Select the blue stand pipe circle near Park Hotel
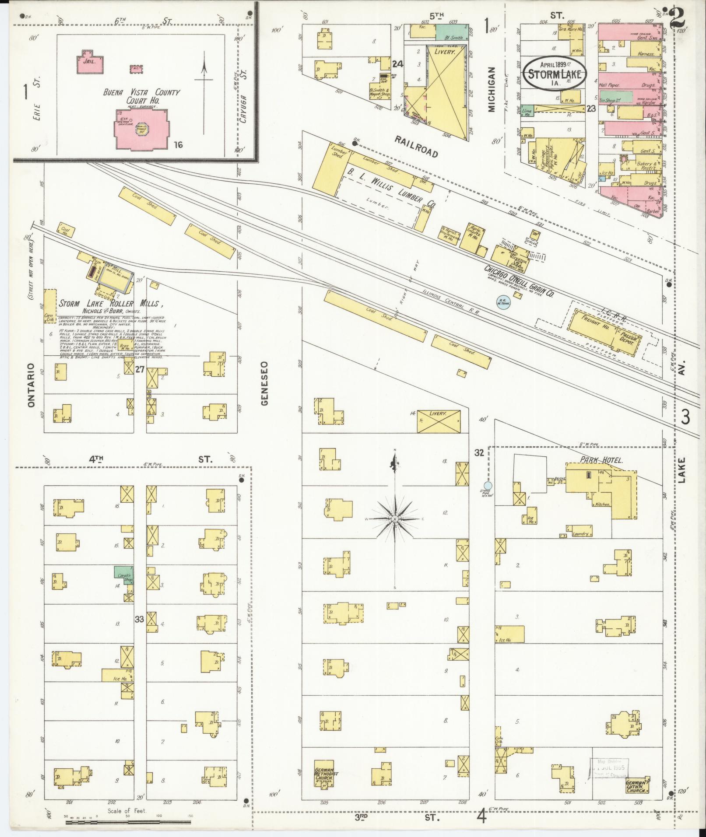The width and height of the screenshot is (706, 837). pos(488,485)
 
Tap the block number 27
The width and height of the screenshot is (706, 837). pos(140,369)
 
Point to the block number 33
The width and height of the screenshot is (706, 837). pos(139,619)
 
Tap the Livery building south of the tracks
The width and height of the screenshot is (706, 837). pos(439,421)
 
